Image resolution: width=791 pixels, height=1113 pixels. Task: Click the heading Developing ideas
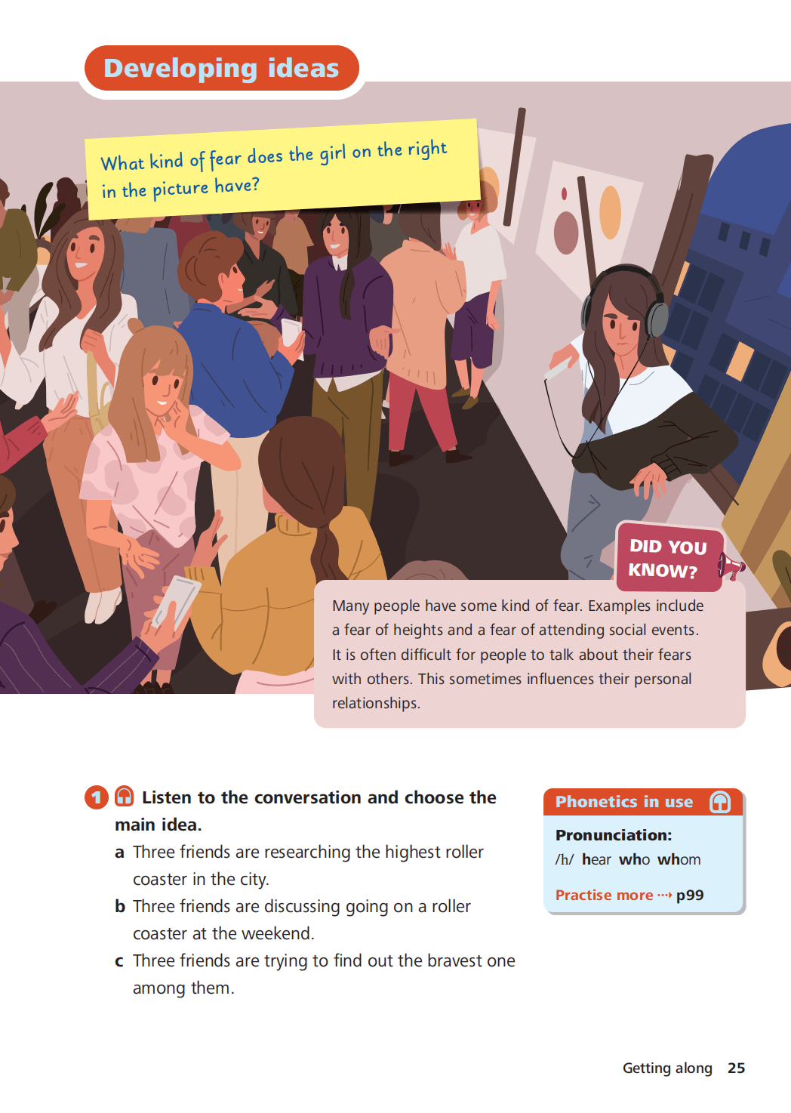coord(221,68)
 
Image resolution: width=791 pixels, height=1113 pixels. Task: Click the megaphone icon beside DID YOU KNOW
coord(731,566)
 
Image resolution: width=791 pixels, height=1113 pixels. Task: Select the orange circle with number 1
coord(97,797)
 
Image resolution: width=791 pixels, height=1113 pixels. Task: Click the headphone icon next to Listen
coord(124,796)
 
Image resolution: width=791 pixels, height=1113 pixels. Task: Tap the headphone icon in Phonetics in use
coord(720,801)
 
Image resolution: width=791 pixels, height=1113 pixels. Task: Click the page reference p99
coord(690,895)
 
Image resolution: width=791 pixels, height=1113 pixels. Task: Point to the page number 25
coord(737,1068)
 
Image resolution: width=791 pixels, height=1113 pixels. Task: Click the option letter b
coord(120,906)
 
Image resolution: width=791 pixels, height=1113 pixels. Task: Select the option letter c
coord(119,961)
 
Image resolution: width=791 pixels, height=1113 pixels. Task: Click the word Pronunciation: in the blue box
coord(613,835)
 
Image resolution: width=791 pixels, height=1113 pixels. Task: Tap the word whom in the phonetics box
coord(679,859)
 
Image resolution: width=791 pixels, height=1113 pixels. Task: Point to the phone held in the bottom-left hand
coord(177,602)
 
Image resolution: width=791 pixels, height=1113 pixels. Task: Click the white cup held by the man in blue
coord(291,334)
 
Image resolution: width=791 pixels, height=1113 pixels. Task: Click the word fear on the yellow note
coord(226,159)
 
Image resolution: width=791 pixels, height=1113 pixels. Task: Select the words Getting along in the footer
coord(667,1068)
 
